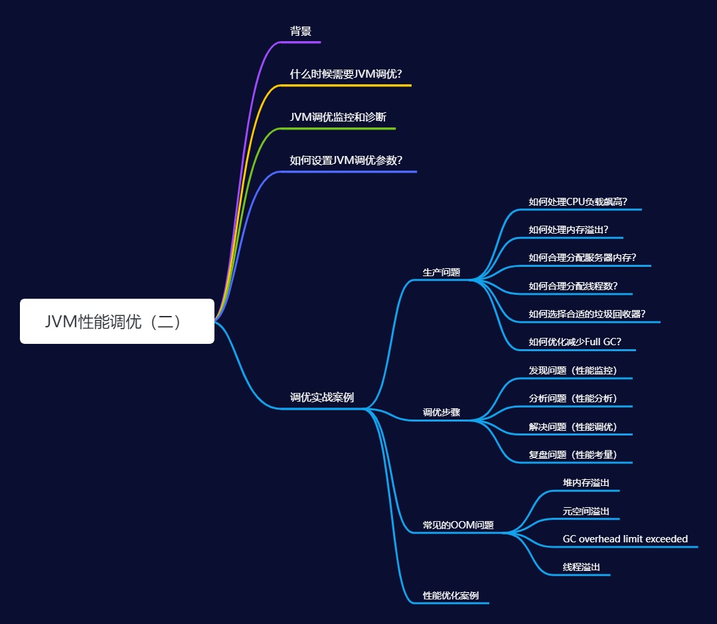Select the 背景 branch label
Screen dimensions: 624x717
tap(301, 31)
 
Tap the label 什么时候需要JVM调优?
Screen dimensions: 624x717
tap(346, 74)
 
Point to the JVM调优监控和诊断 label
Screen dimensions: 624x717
tap(338, 117)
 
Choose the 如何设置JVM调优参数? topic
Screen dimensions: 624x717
tap(346, 160)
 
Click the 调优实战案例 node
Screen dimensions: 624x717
tap(322, 398)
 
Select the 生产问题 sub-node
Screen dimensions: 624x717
tap(441, 272)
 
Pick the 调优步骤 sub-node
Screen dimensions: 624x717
tap(441, 412)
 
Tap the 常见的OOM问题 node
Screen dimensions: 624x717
tap(459, 525)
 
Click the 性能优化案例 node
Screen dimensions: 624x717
tap(451, 595)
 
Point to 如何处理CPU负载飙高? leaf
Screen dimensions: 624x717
tap(578, 202)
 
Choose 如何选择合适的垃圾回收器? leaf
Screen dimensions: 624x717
tap(588, 314)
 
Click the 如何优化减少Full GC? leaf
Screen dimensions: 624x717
tap(575, 342)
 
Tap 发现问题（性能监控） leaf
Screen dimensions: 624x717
tap(574, 370)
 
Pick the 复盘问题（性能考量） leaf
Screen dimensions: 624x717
tap(574, 455)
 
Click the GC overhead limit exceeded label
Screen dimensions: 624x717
tap(625, 539)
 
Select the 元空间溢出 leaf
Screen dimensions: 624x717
tap(586, 511)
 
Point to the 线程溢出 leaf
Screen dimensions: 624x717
tap(582, 567)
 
